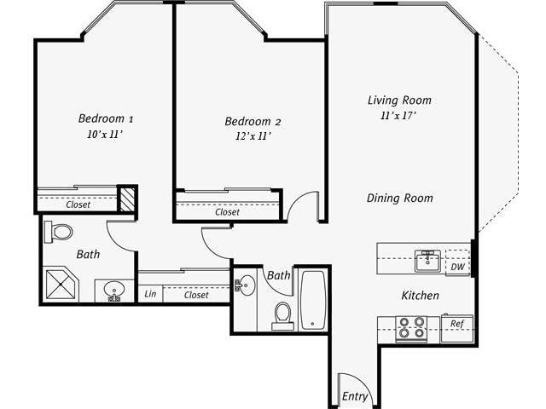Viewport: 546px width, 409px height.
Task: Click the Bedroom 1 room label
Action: pyautogui.click(x=106, y=118)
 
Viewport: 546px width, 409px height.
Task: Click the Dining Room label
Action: pyautogui.click(x=399, y=198)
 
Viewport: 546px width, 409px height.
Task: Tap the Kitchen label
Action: pyautogui.click(x=421, y=296)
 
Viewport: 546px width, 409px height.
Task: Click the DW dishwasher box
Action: pyautogui.click(x=457, y=266)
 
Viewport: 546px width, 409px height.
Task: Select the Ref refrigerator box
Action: pyautogui.click(x=457, y=325)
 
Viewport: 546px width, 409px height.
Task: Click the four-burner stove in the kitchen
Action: pyautogui.click(x=412, y=328)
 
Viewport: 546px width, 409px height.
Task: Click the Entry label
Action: pyautogui.click(x=355, y=396)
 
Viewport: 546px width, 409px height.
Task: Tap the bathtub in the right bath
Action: pyautogui.click(x=312, y=299)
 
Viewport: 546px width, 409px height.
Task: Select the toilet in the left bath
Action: pyautogui.click(x=60, y=232)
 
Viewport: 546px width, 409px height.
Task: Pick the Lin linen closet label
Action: pyautogui.click(x=150, y=295)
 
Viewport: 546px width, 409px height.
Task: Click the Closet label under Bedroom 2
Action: pyautogui.click(x=227, y=212)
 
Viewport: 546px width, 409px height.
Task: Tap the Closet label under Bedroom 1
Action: pyautogui.click(x=78, y=204)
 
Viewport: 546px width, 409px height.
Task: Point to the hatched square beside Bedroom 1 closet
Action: pyautogui.click(x=127, y=199)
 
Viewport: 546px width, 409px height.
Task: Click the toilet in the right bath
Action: pyautogui.click(x=282, y=314)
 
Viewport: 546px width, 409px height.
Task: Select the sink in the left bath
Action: pyautogui.click(x=114, y=291)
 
